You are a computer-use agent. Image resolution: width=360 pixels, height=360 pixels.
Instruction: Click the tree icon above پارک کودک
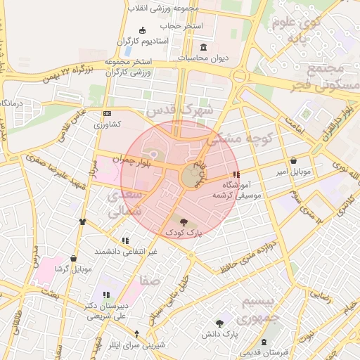tap(184, 221)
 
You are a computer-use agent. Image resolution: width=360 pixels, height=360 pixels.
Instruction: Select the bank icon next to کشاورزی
tap(107, 113)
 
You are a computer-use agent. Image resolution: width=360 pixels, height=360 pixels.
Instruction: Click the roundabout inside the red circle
tap(192, 176)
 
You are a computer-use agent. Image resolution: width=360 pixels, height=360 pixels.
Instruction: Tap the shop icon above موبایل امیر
tap(293, 160)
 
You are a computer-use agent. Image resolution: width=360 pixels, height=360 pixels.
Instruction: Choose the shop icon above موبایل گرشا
tap(73, 258)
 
